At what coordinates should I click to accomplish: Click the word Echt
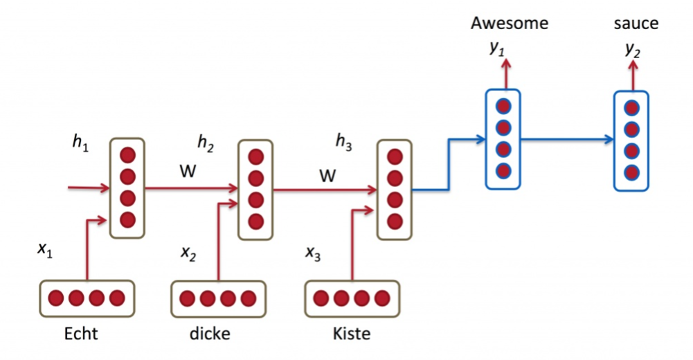click(81, 334)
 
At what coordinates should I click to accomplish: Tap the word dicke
click(209, 334)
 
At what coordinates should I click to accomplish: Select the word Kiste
click(351, 334)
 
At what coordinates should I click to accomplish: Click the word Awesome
click(509, 23)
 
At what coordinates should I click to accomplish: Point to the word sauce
click(636, 24)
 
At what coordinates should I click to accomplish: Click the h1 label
click(81, 142)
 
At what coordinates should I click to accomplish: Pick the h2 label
click(206, 143)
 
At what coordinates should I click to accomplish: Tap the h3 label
click(343, 143)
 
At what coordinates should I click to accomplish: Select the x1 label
click(45, 250)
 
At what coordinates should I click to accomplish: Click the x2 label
click(188, 254)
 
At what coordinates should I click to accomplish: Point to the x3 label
click(313, 253)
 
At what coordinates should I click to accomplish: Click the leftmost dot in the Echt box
click(56, 298)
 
